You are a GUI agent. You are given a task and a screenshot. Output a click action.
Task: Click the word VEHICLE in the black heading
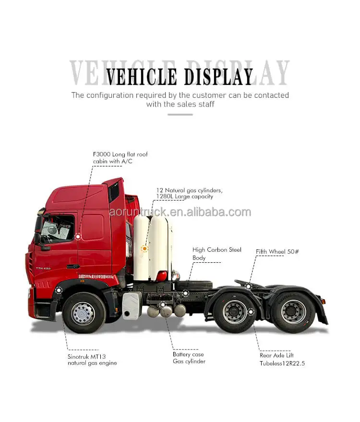(x=140, y=77)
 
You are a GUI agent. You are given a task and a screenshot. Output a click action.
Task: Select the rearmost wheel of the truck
(x=292, y=312)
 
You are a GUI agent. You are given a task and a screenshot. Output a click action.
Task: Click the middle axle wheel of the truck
(x=235, y=312)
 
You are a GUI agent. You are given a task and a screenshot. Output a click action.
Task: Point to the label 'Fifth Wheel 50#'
(x=277, y=251)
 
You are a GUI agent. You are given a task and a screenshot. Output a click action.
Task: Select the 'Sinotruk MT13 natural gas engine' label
(x=92, y=359)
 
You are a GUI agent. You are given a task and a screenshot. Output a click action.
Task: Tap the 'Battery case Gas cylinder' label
(x=189, y=358)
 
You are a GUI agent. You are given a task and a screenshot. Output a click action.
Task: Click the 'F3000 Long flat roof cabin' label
(x=120, y=158)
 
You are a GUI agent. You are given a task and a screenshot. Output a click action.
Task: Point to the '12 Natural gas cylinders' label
(x=189, y=193)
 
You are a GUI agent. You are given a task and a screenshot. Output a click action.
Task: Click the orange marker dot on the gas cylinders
(x=144, y=248)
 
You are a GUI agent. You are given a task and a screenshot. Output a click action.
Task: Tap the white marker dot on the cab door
(x=78, y=236)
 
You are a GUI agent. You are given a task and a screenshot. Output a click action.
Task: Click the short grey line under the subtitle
(x=180, y=115)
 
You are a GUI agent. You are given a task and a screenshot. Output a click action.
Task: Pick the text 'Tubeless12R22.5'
(x=282, y=363)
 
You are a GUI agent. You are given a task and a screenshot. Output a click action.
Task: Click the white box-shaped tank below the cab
(x=132, y=305)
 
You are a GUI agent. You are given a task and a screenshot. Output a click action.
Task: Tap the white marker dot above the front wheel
(x=59, y=290)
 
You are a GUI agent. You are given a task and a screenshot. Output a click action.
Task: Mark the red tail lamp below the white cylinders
(x=162, y=276)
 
